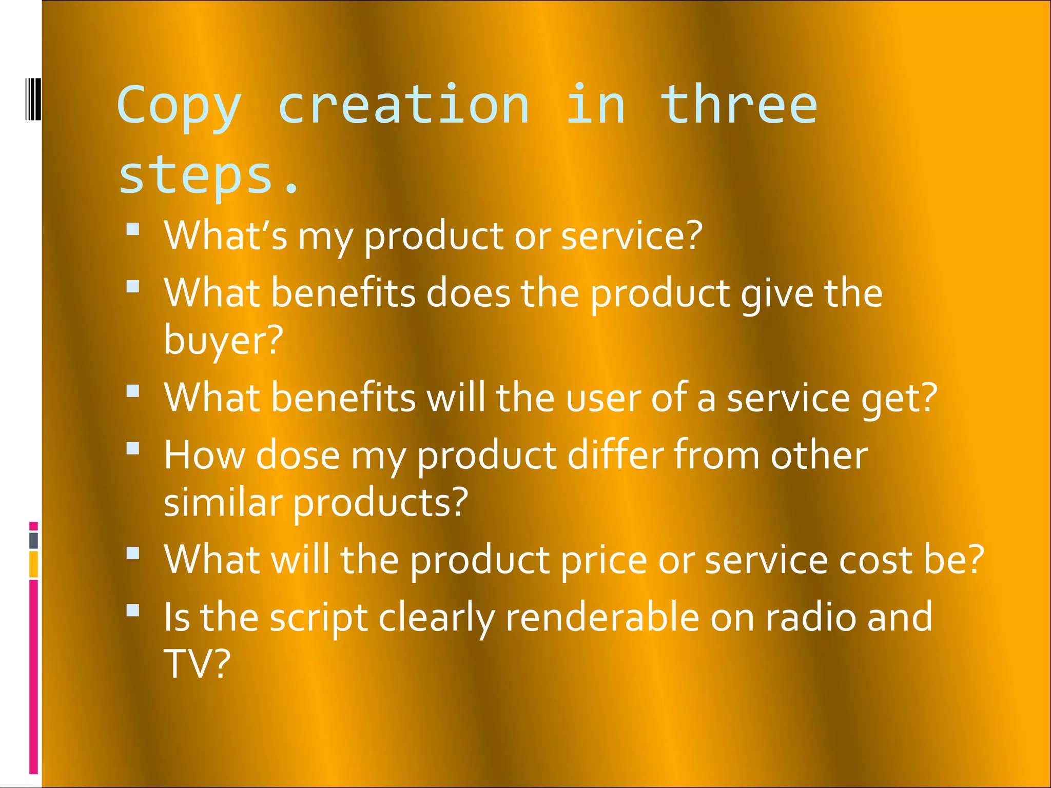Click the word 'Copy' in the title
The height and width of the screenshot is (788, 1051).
179,107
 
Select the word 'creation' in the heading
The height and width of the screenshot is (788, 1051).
403,105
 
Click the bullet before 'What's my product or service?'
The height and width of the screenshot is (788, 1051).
133,229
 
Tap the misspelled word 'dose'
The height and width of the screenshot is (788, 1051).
298,455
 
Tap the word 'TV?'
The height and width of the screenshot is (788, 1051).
197,663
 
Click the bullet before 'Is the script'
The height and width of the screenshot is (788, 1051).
133,610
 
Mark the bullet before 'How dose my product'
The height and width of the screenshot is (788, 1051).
133,448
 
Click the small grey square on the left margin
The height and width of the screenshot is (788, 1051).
34,540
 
